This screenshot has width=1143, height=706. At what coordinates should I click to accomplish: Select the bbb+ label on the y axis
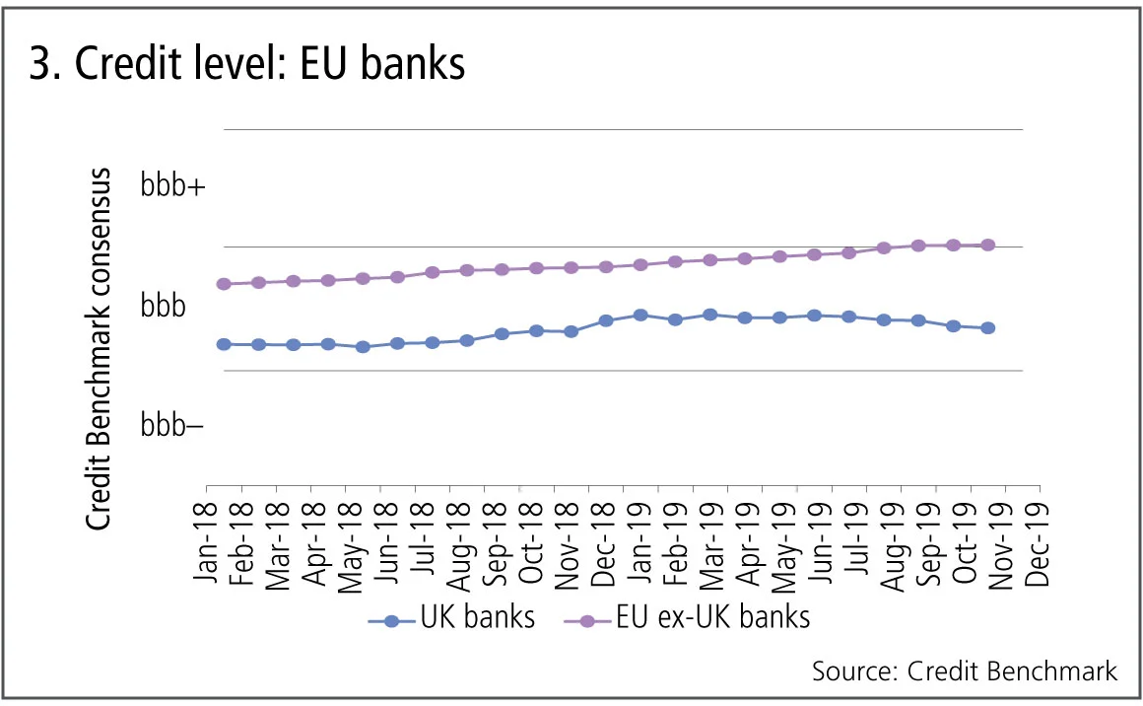click(173, 186)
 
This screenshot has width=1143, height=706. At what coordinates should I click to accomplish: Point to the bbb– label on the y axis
click(172, 425)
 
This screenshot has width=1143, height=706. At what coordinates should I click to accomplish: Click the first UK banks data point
click(224, 344)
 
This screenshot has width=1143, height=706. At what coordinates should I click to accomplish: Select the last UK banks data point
click(988, 327)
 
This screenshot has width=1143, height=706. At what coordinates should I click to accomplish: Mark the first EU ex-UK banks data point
click(224, 284)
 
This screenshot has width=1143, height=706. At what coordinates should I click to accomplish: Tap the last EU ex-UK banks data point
click(988, 245)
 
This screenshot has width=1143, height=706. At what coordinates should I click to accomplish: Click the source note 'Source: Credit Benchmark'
click(965, 671)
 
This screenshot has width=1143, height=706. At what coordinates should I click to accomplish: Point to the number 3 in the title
click(40, 64)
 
